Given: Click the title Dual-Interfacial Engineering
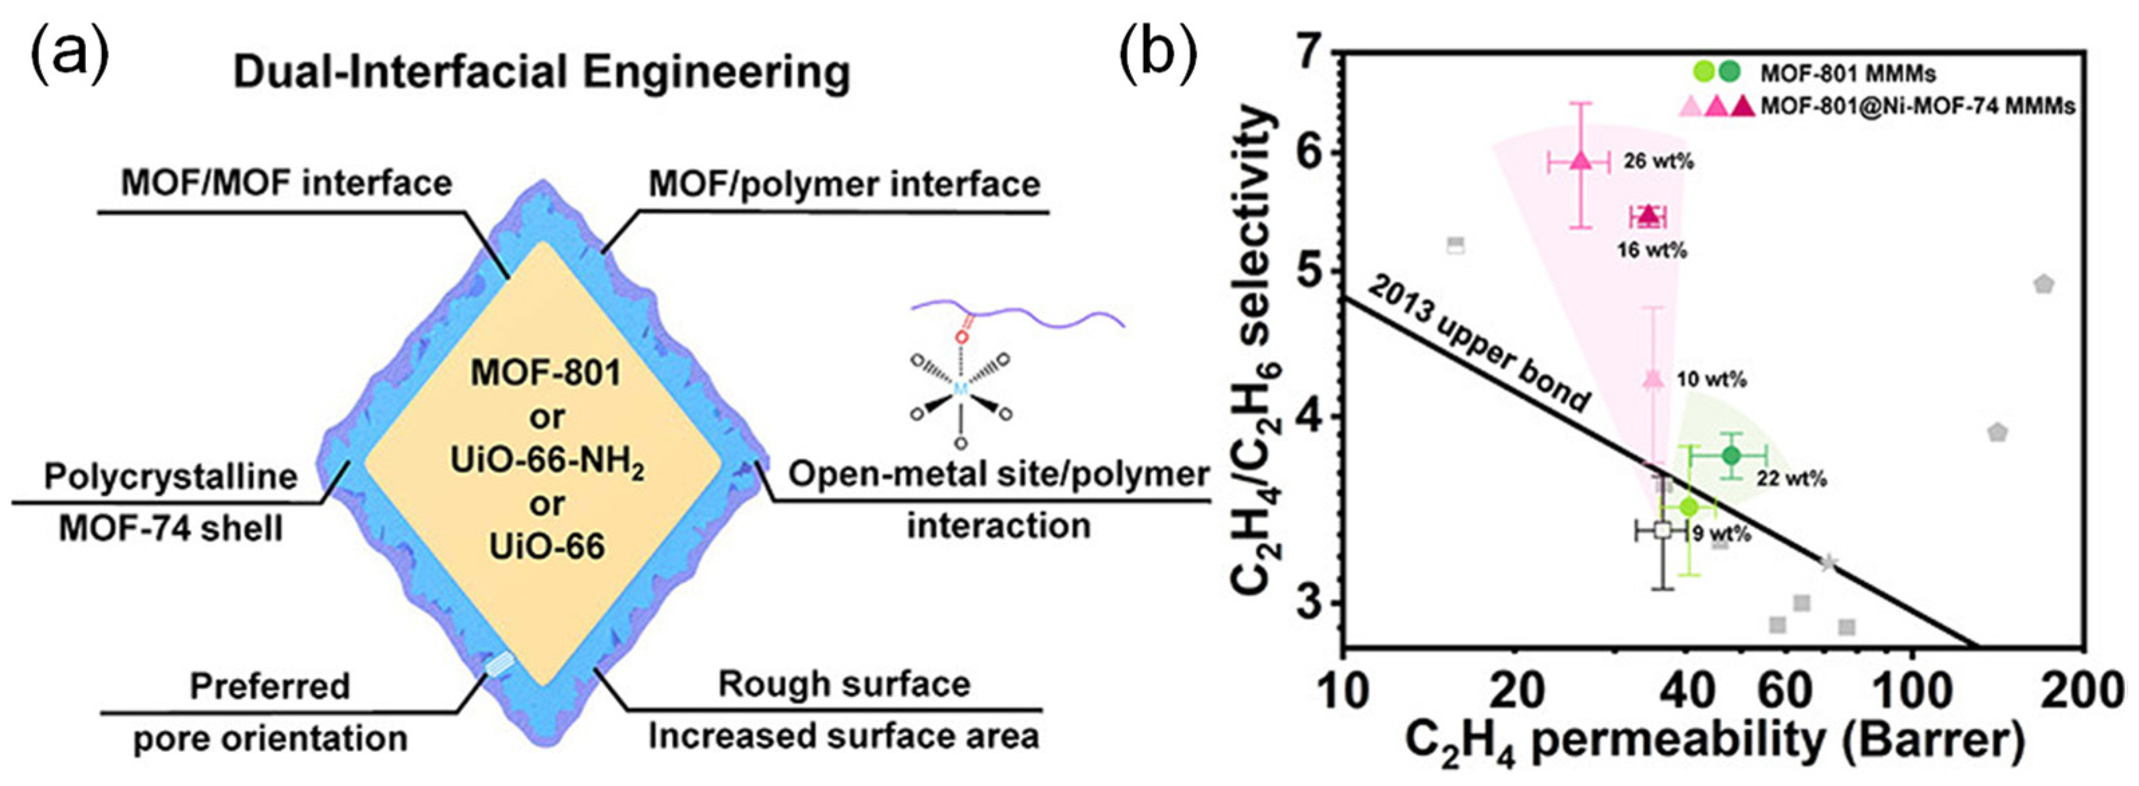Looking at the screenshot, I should pos(542,73).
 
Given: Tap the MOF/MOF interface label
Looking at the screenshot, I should pos(287,183).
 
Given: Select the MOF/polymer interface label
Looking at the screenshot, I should pos(844,184).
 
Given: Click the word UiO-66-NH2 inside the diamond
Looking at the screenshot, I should pos(547,461).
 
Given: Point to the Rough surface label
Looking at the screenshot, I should pos(844,683).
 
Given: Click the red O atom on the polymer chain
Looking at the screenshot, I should pos(961,336).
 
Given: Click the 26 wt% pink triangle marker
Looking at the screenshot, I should pos(1580,161).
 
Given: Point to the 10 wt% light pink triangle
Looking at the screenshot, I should pos(1653,379).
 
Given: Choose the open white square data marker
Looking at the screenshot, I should pos(1662,530).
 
